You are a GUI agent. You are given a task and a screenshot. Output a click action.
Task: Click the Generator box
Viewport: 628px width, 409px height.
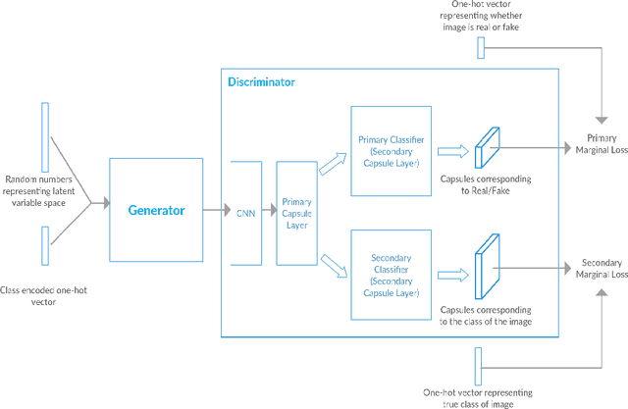[156, 210]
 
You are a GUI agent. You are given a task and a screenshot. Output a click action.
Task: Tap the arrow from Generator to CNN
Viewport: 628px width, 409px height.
[216, 210]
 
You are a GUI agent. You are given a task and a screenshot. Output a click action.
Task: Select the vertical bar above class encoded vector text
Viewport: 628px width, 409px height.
[45, 245]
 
